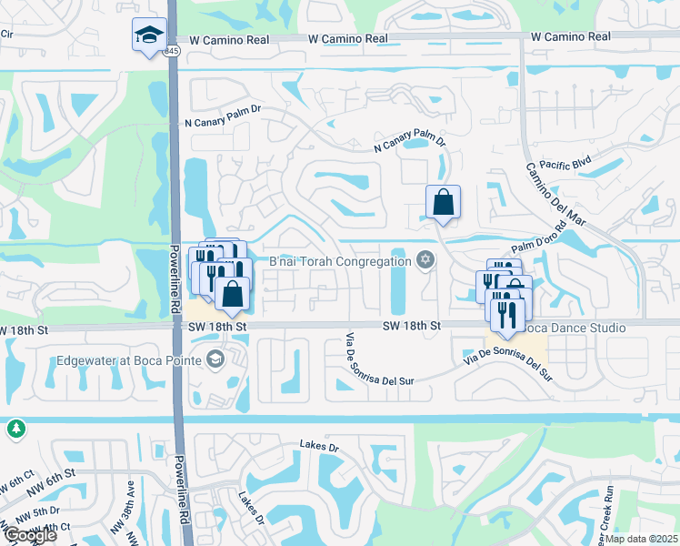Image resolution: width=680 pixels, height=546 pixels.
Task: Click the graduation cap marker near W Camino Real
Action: click(x=149, y=35)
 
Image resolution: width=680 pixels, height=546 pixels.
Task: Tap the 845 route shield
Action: click(x=172, y=53)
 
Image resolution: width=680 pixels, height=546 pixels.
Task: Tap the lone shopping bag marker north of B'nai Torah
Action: click(x=443, y=203)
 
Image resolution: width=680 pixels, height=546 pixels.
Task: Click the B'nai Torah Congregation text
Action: click(x=341, y=262)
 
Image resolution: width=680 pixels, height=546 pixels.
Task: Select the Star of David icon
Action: click(x=425, y=261)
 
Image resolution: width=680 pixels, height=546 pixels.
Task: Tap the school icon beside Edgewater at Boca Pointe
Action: click(x=214, y=359)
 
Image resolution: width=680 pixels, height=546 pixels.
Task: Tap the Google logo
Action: click(x=29, y=535)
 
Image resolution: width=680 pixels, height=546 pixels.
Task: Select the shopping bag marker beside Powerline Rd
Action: click(x=233, y=294)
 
